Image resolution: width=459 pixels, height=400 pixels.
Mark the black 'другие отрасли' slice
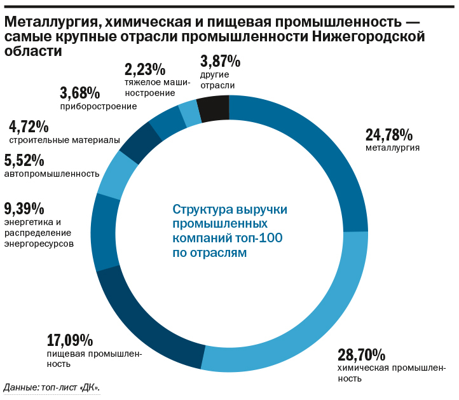click(213, 108)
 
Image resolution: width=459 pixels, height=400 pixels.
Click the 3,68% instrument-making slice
click(167, 123)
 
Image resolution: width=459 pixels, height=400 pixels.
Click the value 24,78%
click(389, 135)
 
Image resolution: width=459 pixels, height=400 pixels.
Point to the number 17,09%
click(71, 340)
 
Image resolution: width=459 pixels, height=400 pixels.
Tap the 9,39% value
click(24, 208)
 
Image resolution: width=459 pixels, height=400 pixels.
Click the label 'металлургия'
click(392, 148)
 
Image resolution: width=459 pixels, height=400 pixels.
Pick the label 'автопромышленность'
click(51, 174)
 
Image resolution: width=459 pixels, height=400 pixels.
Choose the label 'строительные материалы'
click(64, 139)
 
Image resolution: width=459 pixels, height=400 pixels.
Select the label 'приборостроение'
click(99, 106)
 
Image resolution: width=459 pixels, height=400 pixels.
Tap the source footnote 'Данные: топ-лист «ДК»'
click(51, 387)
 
